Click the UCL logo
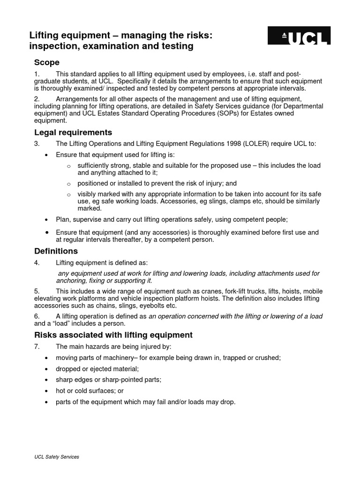[x=299, y=35]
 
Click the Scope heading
[x=46, y=62]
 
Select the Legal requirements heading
[x=73, y=132]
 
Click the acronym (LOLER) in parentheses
[x=254, y=144]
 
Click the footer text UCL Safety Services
[x=57, y=457]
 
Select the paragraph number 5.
[x=37, y=291]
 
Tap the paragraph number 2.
[x=37, y=99]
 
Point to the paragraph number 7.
[x=37, y=346]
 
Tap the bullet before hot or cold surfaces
[x=46, y=391]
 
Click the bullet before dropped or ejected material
[x=46, y=369]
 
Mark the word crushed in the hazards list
[x=268, y=358]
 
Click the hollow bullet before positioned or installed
[x=68, y=184]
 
